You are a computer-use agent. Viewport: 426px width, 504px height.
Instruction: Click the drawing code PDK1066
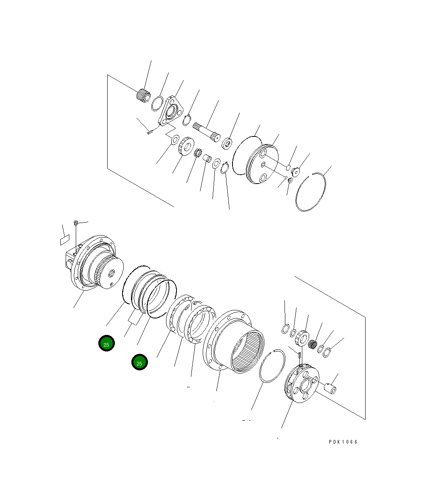[343, 442]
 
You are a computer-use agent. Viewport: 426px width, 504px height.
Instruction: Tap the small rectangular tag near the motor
[64, 241]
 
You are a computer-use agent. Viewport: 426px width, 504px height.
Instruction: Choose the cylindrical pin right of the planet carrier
[331, 389]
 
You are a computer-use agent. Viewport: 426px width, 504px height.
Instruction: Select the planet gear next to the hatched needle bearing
[301, 337]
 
